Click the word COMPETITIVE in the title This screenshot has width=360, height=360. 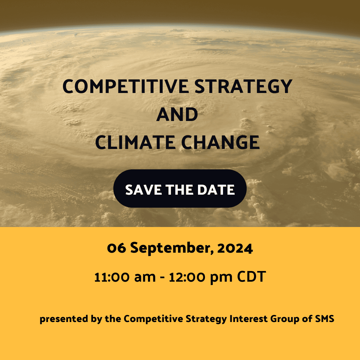tap(126, 86)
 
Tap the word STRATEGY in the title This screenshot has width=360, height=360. tap(243, 86)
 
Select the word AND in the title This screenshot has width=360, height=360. tap(177, 114)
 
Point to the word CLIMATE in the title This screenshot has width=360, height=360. tap(135, 142)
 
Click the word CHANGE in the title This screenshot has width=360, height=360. tap(220, 142)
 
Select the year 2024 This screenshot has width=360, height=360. tap(235, 248)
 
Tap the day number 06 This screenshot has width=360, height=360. tap(117, 248)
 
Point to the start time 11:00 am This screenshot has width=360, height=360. tap(125, 277)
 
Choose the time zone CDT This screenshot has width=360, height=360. tap(251, 277)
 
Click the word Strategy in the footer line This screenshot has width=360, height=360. tap(206, 319)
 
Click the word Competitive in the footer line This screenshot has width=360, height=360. tap(153, 319)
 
